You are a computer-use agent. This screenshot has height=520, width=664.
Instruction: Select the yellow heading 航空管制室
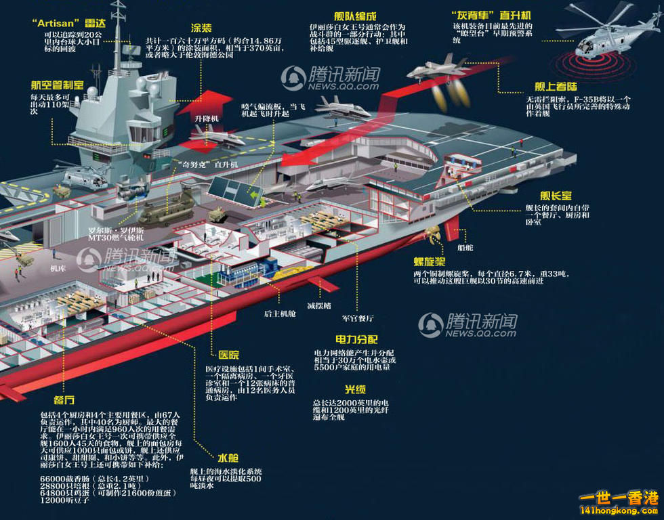click(58, 86)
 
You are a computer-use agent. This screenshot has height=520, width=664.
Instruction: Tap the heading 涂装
click(201, 28)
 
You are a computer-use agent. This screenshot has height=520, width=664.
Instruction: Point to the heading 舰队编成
click(355, 16)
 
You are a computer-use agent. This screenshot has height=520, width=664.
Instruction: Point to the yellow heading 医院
click(228, 355)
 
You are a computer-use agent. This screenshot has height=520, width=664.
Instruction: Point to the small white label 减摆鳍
click(319, 306)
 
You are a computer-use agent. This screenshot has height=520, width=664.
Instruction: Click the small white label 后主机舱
click(279, 314)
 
